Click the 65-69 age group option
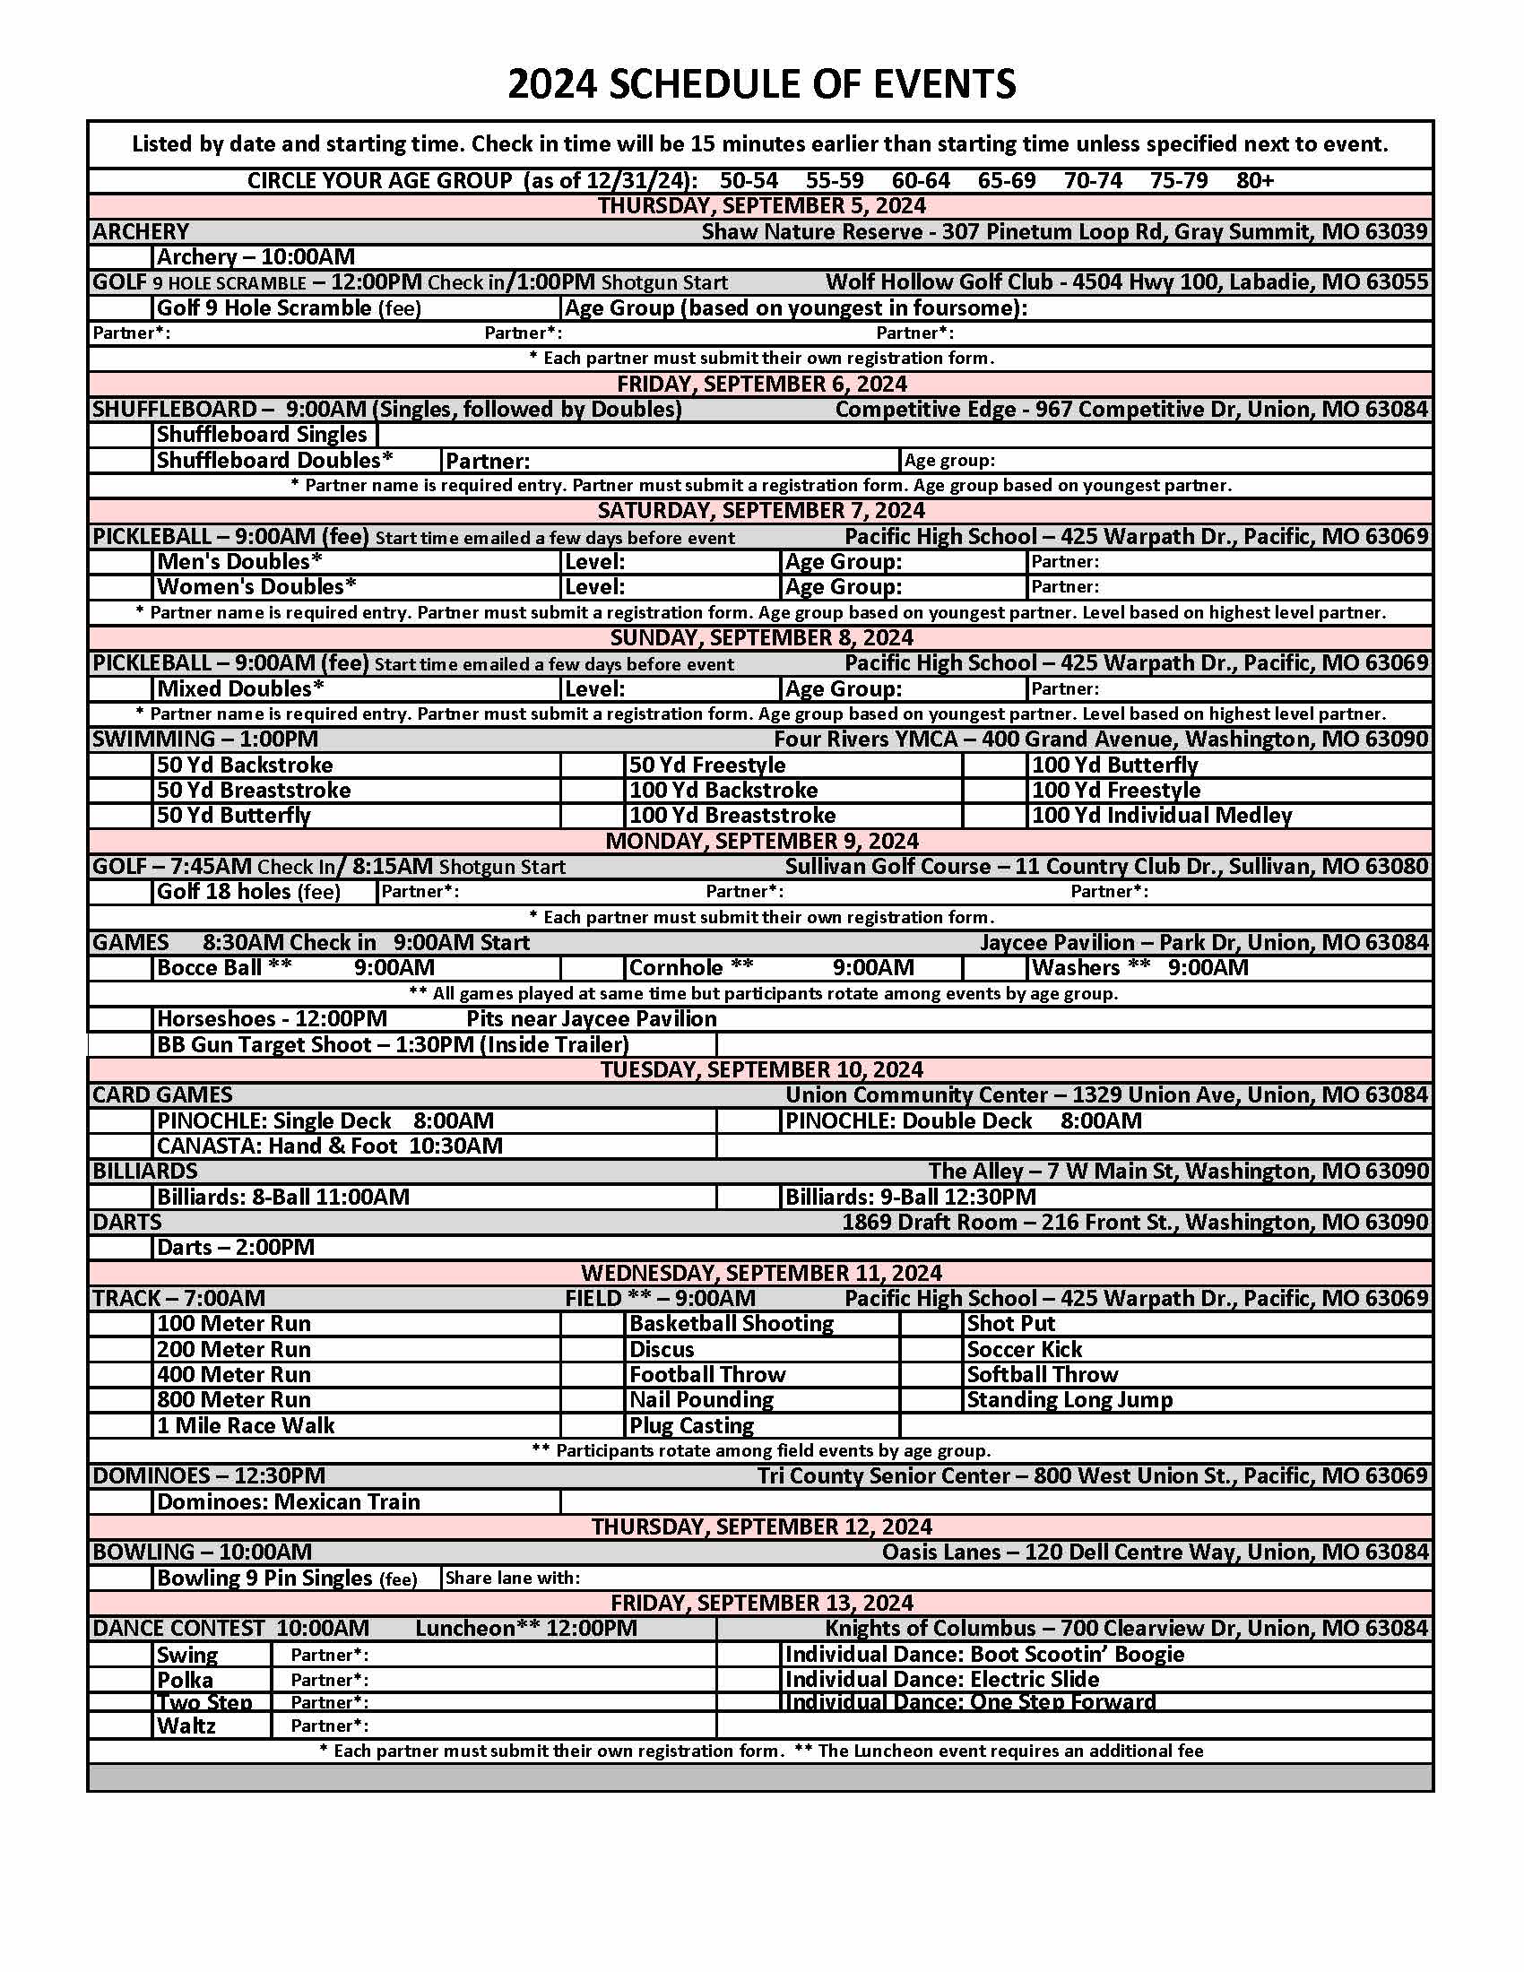tap(1006, 180)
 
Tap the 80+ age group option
tap(1254, 180)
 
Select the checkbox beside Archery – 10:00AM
tap(121, 257)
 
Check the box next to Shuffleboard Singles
tap(121, 435)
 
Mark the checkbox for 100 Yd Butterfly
tap(994, 765)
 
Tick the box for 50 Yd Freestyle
tap(593, 765)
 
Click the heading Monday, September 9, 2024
tap(761, 841)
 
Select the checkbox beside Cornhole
tap(593, 968)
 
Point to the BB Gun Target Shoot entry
tap(392, 1044)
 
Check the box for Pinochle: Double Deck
tap(749, 1121)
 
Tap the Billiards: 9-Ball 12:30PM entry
tap(910, 1198)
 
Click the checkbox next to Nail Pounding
tap(593, 1400)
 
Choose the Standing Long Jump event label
tap(1069, 1400)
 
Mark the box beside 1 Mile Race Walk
tap(121, 1426)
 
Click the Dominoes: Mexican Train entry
tap(288, 1502)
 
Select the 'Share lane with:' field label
tap(512, 1578)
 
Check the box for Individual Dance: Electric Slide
tap(749, 1680)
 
